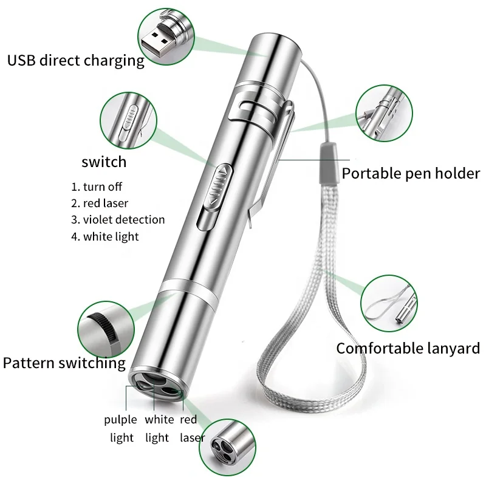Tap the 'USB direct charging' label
(x=75, y=61)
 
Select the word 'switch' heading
(x=104, y=162)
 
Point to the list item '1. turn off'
(x=97, y=187)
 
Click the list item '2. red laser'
(x=100, y=204)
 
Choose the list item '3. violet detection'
(x=118, y=219)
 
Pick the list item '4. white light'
(x=104, y=236)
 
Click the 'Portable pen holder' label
(x=411, y=174)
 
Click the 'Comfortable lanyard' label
(x=408, y=349)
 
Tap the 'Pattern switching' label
(x=64, y=363)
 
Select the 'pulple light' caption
(x=121, y=428)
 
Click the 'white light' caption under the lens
(x=159, y=428)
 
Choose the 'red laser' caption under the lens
(x=191, y=428)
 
